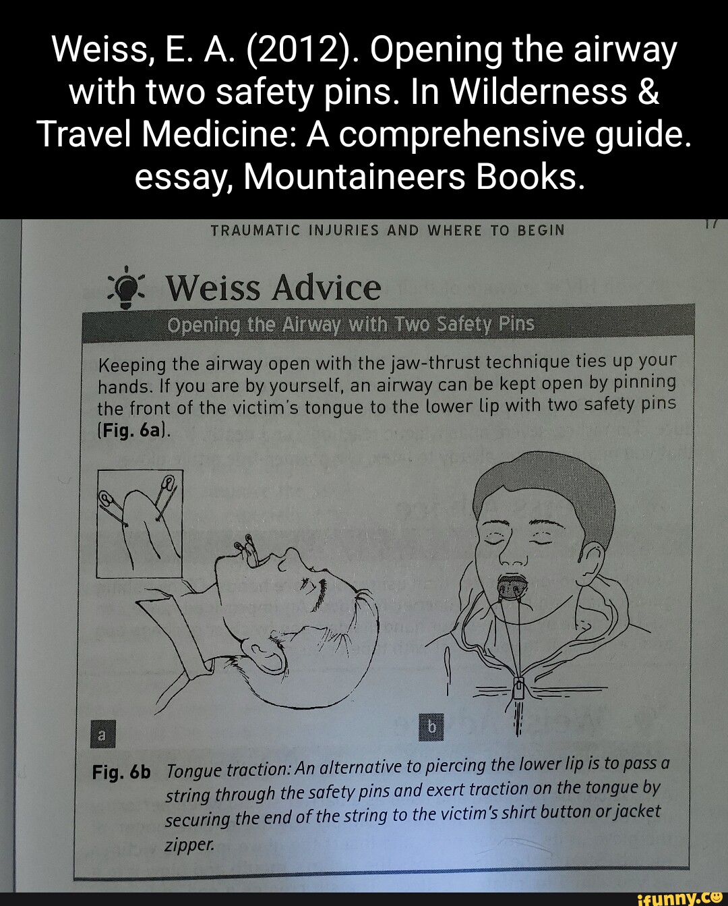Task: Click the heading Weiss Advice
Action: pyautogui.click(x=273, y=288)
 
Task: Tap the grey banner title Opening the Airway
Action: pyautogui.click(x=351, y=325)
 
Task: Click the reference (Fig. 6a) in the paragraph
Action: pyautogui.click(x=134, y=430)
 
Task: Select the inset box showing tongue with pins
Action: pyautogui.click(x=140, y=523)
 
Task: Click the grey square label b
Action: pyautogui.click(x=431, y=726)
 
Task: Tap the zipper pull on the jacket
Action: pyautogui.click(x=518, y=689)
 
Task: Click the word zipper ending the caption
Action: pyautogui.click(x=189, y=844)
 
